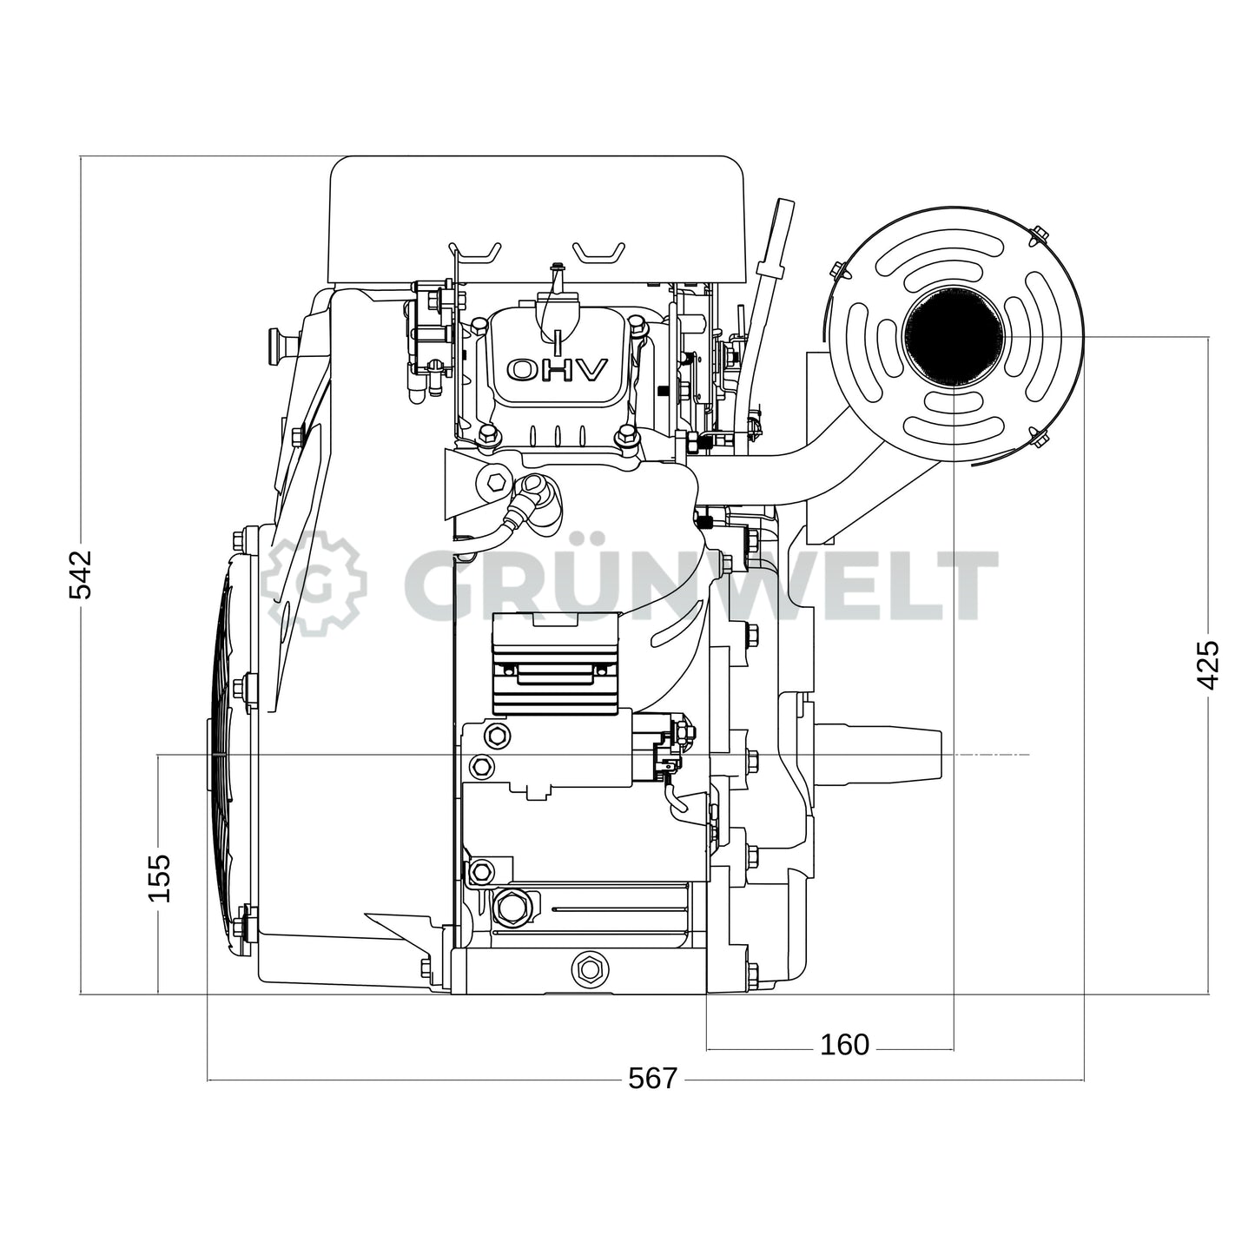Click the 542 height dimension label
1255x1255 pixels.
click(80, 574)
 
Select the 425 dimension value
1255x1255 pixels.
click(1208, 664)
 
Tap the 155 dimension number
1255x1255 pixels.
click(159, 877)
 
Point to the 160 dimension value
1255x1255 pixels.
click(843, 1044)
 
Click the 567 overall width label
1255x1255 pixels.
click(651, 1078)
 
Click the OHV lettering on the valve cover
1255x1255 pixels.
click(557, 371)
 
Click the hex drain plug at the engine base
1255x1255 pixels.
click(591, 967)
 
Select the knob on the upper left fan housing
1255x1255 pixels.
click(280, 345)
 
